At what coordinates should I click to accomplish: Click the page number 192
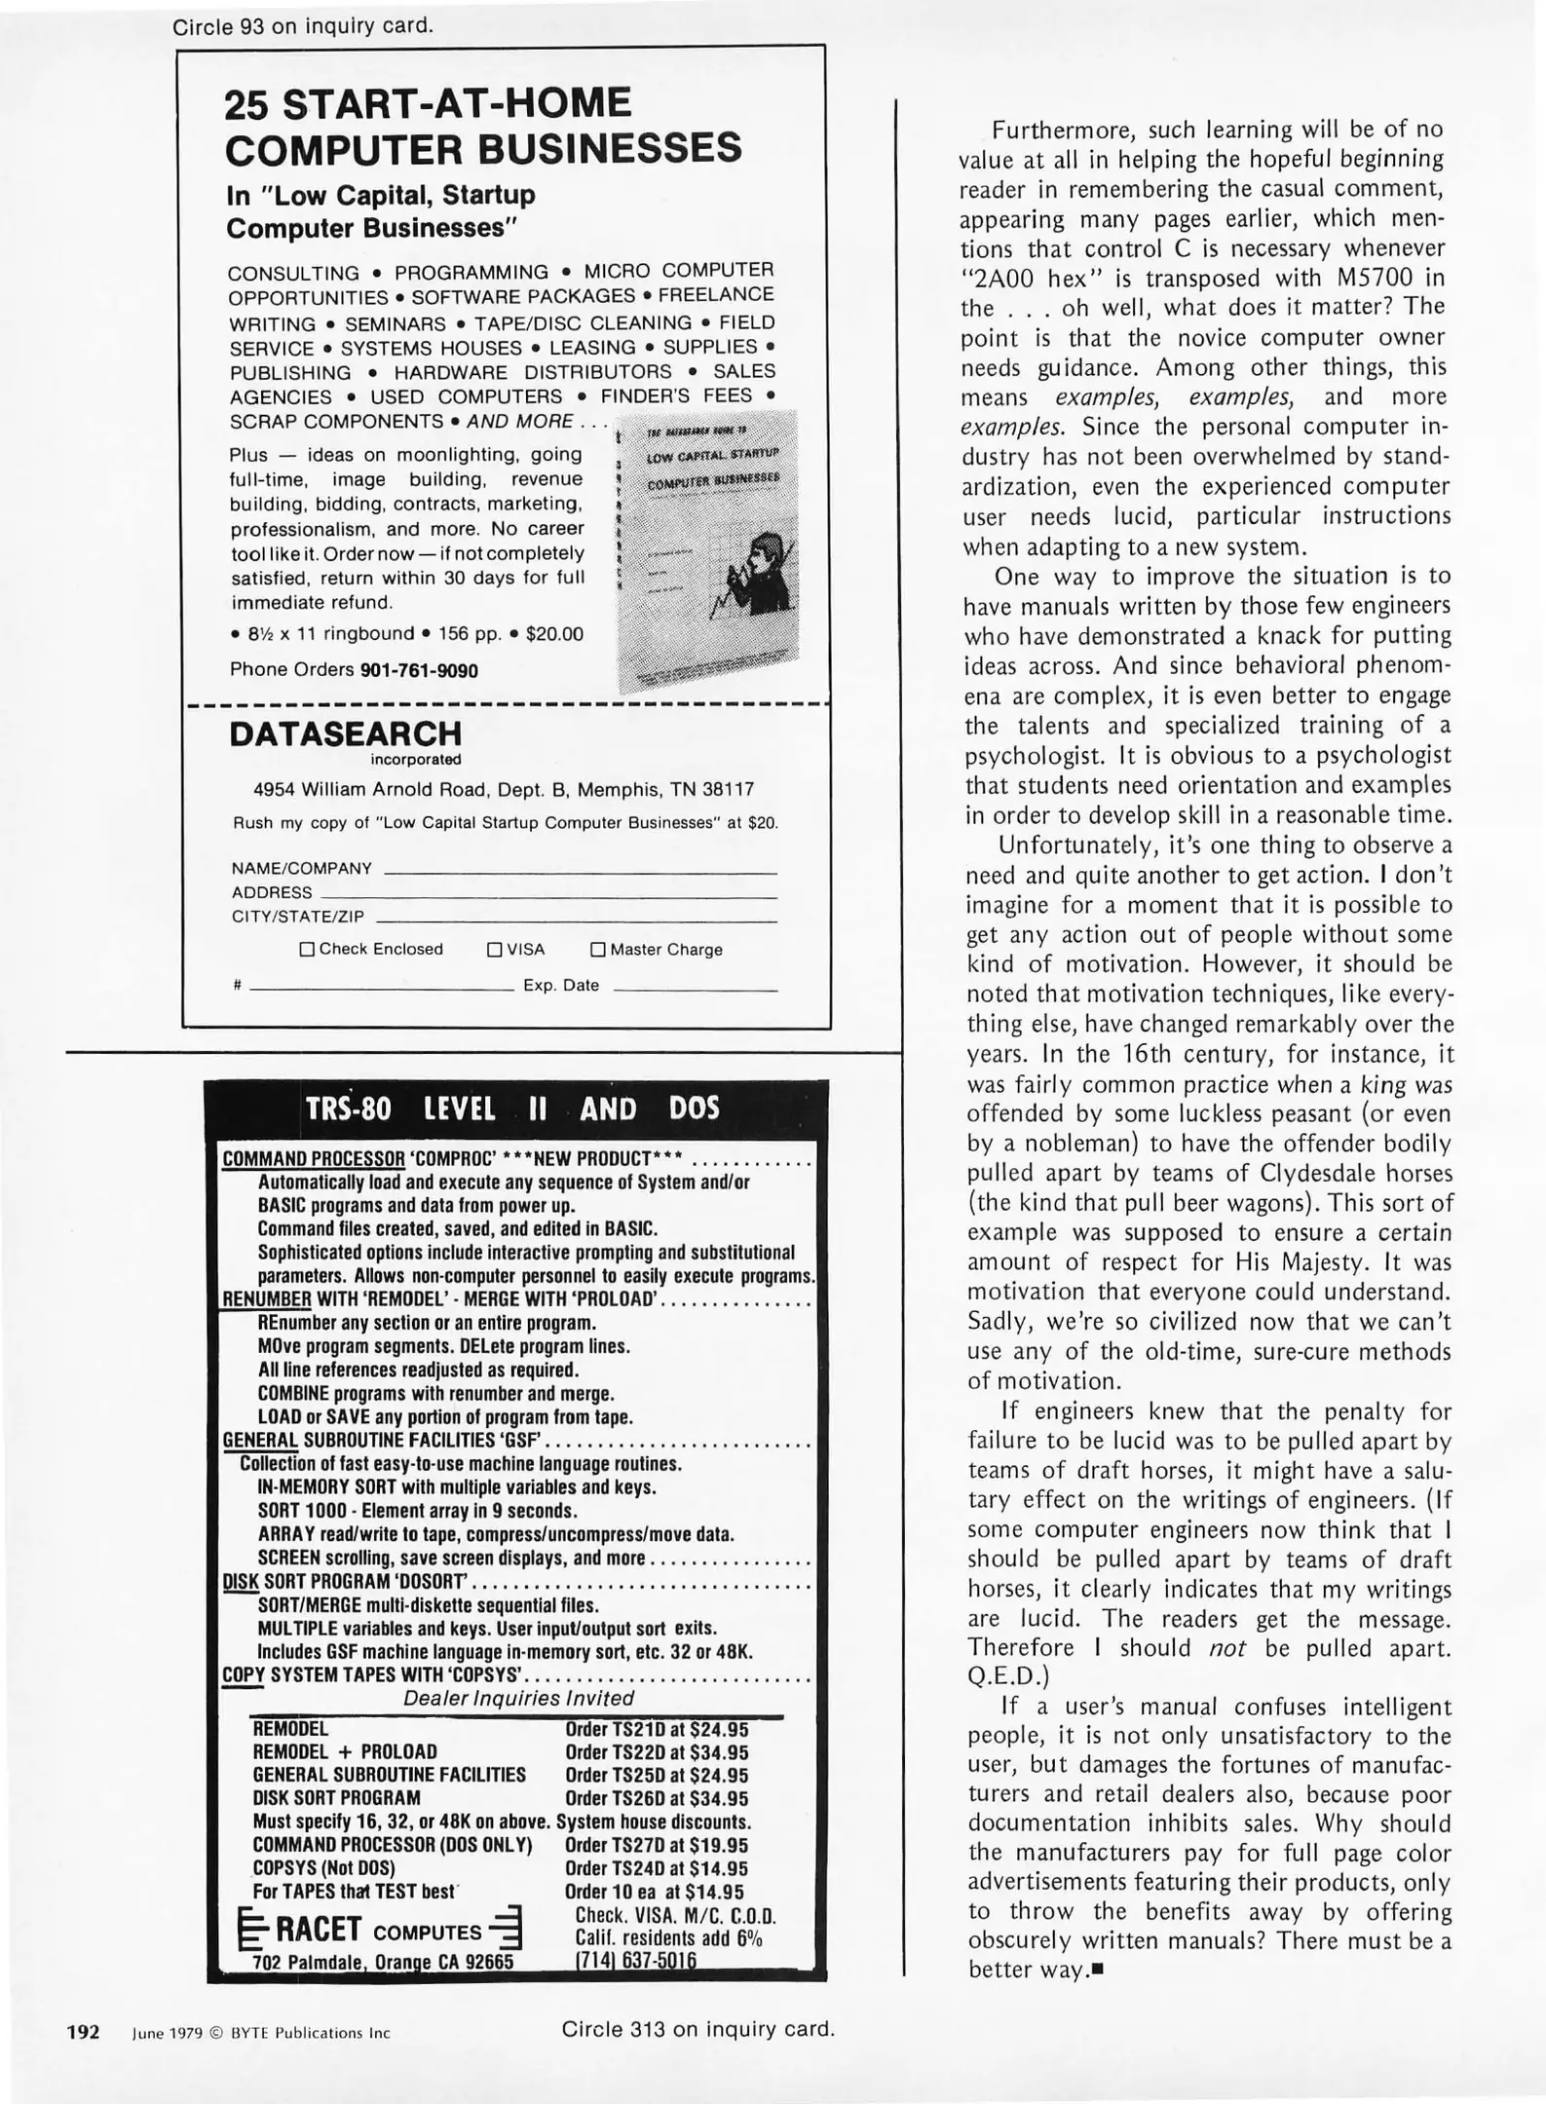click(x=83, y=2032)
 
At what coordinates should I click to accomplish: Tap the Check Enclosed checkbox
click(x=307, y=949)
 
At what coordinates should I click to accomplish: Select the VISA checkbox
click(x=494, y=949)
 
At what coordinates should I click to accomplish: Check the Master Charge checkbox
click(x=598, y=949)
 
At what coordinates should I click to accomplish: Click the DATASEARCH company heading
click(x=345, y=733)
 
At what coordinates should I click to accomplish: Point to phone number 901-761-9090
click(x=419, y=670)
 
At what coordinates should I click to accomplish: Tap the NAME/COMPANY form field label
click(x=301, y=868)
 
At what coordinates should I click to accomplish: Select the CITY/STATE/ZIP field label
click(x=297, y=917)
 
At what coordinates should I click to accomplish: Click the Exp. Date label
click(x=561, y=985)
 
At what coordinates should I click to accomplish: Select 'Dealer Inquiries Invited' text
click(x=518, y=1699)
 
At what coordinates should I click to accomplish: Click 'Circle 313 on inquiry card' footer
click(x=698, y=2030)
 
